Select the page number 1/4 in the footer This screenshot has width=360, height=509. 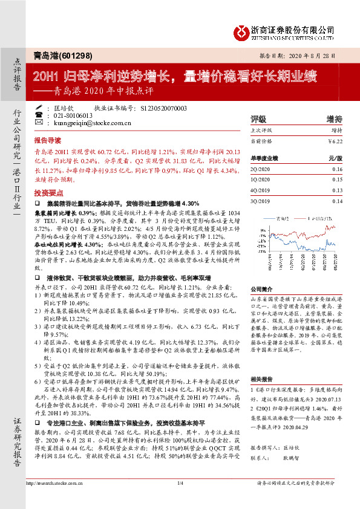180,500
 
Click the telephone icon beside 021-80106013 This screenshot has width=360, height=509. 39,115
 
